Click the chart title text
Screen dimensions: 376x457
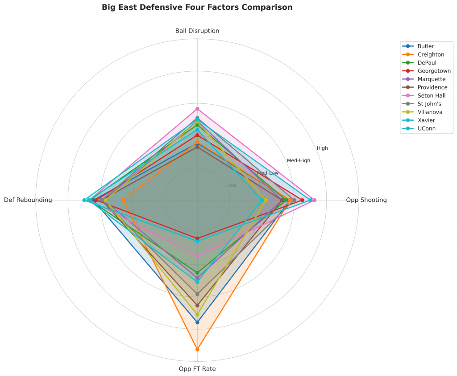coord(197,8)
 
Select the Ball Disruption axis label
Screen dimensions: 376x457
coord(197,31)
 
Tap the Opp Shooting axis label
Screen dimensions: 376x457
coord(366,200)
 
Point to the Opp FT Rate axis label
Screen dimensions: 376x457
coord(197,369)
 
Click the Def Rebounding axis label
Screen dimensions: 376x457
coord(28,200)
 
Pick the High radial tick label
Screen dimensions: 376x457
coord(322,148)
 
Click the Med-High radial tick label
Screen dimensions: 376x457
coord(299,160)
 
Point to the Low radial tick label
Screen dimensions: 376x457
coord(232,185)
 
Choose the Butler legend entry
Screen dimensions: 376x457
coord(426,46)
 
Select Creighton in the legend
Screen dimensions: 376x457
coord(431,54)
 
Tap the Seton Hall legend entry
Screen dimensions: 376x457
coord(432,96)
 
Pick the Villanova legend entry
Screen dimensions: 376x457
coord(430,112)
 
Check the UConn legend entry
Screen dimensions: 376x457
coord(427,129)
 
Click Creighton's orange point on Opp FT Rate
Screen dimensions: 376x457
coord(197,349)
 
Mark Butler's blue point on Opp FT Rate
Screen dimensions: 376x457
coord(197,322)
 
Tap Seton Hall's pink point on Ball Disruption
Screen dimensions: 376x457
coord(197,109)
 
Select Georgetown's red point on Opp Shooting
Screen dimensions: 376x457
coord(303,200)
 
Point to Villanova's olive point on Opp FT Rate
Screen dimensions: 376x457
coord(197,315)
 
